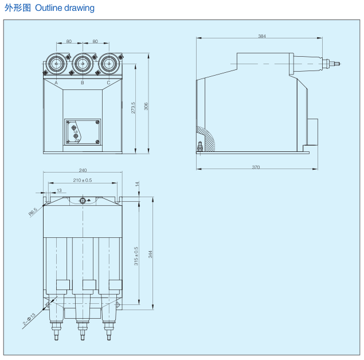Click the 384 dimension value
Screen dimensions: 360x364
click(262, 36)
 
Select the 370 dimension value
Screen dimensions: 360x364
click(256, 167)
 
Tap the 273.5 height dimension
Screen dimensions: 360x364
click(134, 108)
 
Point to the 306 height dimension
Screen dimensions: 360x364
click(146, 106)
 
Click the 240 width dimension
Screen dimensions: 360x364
click(83, 170)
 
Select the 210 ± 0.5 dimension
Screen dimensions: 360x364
click(83, 180)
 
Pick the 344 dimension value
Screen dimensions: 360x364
click(151, 254)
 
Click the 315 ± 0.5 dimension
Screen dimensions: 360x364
click(136, 256)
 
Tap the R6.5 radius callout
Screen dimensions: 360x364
click(33, 212)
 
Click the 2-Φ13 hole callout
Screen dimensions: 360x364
click(29, 319)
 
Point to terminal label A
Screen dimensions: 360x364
click(56, 83)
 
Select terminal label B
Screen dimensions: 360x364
click(82, 83)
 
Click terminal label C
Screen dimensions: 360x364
click(108, 83)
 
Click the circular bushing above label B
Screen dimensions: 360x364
click(82, 63)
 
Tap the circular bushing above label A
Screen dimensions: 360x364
click(56, 63)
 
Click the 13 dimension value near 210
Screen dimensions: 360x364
click(59, 190)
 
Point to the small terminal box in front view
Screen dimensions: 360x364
click(83, 132)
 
